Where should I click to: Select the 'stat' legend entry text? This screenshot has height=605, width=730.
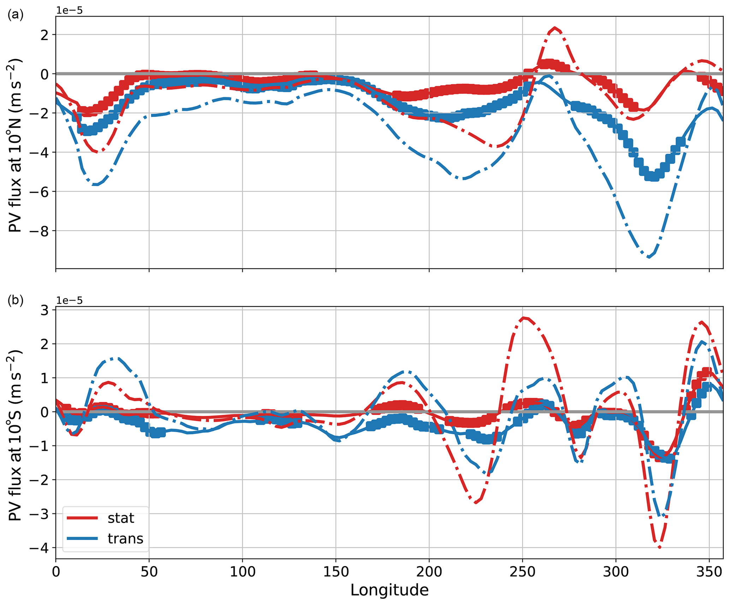[121, 518]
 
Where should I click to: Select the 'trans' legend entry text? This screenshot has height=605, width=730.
[125, 539]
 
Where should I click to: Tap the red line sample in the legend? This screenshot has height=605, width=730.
[82, 518]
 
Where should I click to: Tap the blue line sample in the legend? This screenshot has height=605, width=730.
[82, 539]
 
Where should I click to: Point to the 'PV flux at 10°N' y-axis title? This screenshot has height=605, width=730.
[15, 145]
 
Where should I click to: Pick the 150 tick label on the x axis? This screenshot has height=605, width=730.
[336, 572]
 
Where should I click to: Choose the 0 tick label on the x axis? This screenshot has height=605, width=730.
[56, 572]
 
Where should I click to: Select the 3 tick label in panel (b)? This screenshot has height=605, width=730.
[46, 310]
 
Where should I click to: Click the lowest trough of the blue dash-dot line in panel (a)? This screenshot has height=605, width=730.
[648, 257]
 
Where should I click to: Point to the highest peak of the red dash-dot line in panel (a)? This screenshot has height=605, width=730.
[555, 28]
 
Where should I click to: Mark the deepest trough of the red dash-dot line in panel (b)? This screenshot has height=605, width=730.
[659, 547]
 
